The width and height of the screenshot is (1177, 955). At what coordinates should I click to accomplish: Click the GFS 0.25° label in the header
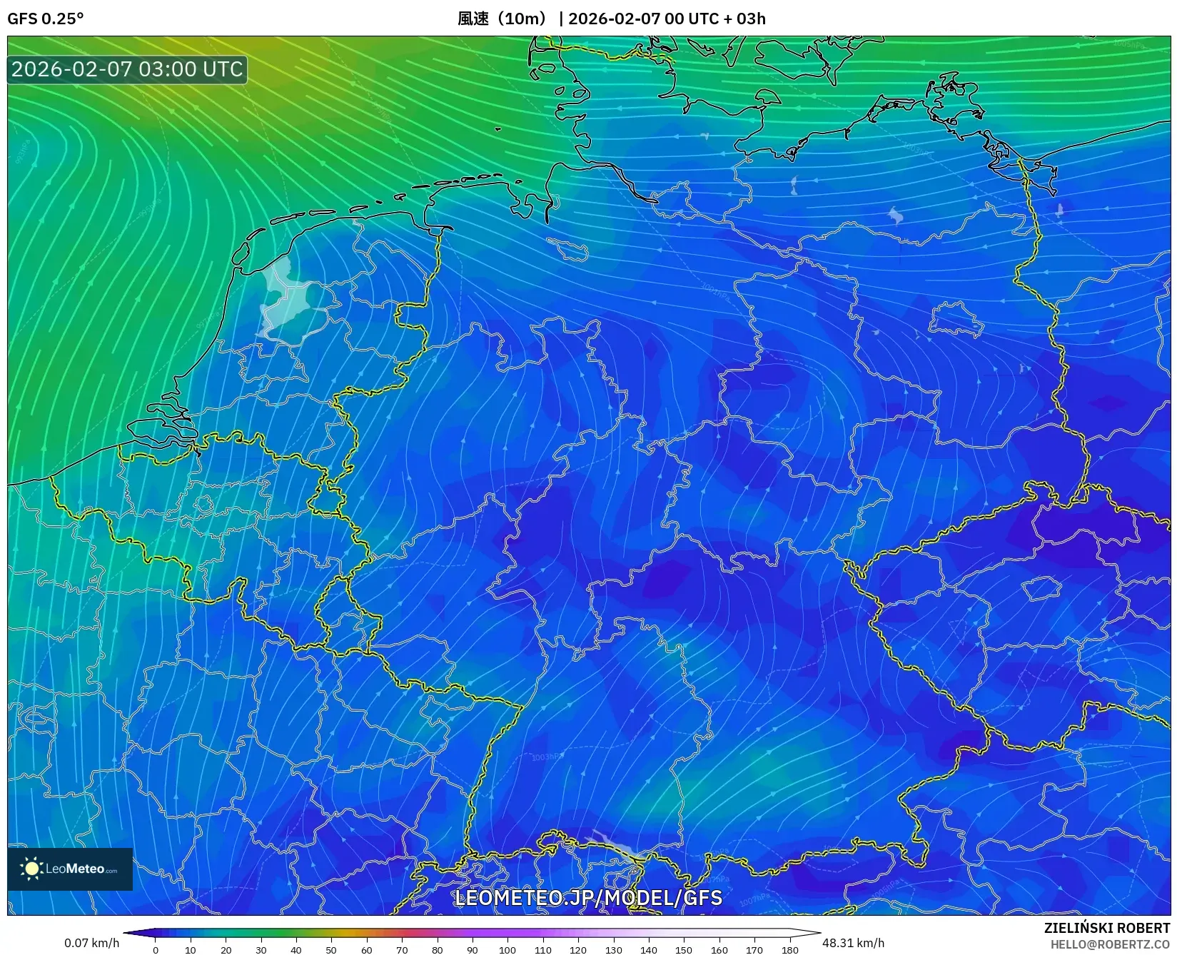point(45,19)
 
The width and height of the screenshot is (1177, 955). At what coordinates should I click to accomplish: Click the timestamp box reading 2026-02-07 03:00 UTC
point(127,69)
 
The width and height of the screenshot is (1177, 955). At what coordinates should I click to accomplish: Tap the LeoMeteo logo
point(70,869)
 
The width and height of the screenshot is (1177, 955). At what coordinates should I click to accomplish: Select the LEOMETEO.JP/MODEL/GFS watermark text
point(588,897)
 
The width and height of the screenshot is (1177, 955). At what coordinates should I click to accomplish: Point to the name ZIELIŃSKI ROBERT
point(1107,928)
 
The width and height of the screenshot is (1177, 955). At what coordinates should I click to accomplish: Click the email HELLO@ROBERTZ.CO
point(1110,944)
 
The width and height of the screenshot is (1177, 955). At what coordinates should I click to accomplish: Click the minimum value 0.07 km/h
point(91,943)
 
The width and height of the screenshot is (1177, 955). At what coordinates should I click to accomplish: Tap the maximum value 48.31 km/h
point(853,943)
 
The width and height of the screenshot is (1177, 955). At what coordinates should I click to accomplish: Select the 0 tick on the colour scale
point(156,949)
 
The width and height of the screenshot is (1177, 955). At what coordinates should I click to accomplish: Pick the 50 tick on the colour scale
point(331,949)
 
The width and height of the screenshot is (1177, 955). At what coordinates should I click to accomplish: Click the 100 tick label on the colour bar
point(507,949)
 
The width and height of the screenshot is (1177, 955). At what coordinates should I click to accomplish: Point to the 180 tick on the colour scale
point(789,949)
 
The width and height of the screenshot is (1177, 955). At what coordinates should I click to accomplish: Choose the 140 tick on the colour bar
point(649,949)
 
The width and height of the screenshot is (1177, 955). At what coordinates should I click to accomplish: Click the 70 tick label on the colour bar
point(402,949)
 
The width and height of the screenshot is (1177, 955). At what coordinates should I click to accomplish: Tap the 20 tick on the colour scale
point(226,949)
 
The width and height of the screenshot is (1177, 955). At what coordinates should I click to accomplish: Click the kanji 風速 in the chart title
point(473,19)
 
